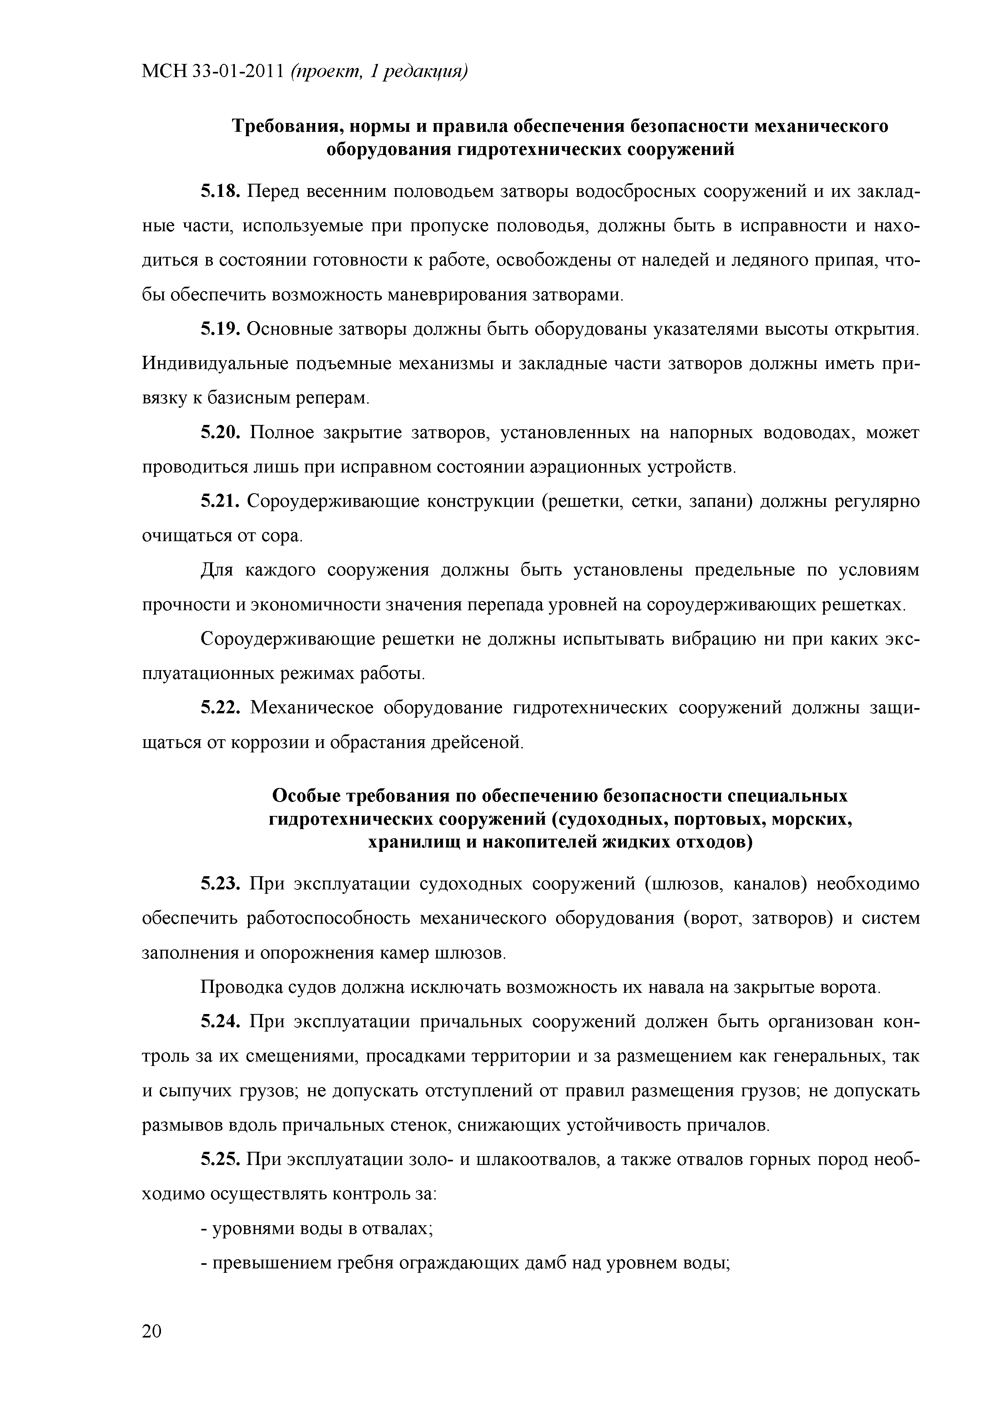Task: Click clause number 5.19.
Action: click(x=221, y=330)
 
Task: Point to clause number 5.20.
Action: click(x=221, y=433)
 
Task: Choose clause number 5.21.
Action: click(x=221, y=502)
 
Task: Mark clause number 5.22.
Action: click(x=221, y=708)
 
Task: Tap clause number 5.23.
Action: click(x=221, y=884)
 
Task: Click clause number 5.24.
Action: click(x=221, y=1022)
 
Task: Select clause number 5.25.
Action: click(x=221, y=1159)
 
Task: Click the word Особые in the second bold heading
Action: click(x=306, y=796)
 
